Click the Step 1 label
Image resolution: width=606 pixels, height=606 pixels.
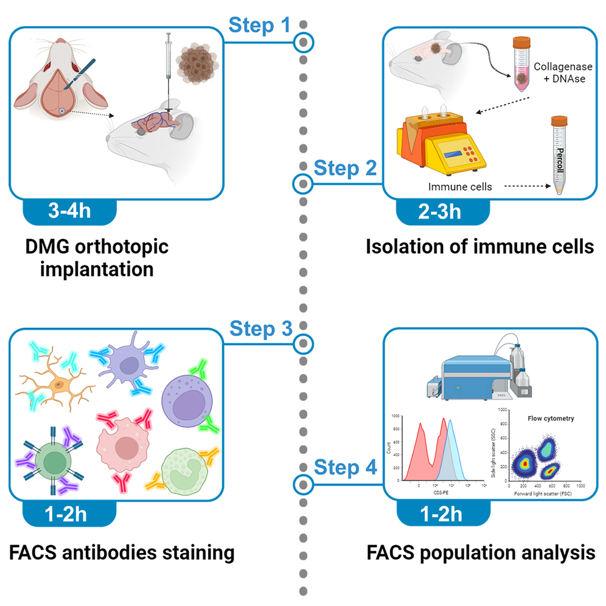tap(261, 25)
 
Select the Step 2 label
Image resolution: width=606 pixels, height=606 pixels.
tap(344, 169)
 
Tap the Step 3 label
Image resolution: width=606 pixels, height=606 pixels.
tap(261, 329)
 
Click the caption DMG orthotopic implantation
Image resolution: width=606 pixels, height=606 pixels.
tap(97, 258)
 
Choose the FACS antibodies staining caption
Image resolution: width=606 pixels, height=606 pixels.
tap(122, 552)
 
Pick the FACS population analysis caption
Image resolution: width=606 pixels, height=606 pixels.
tap(481, 552)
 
